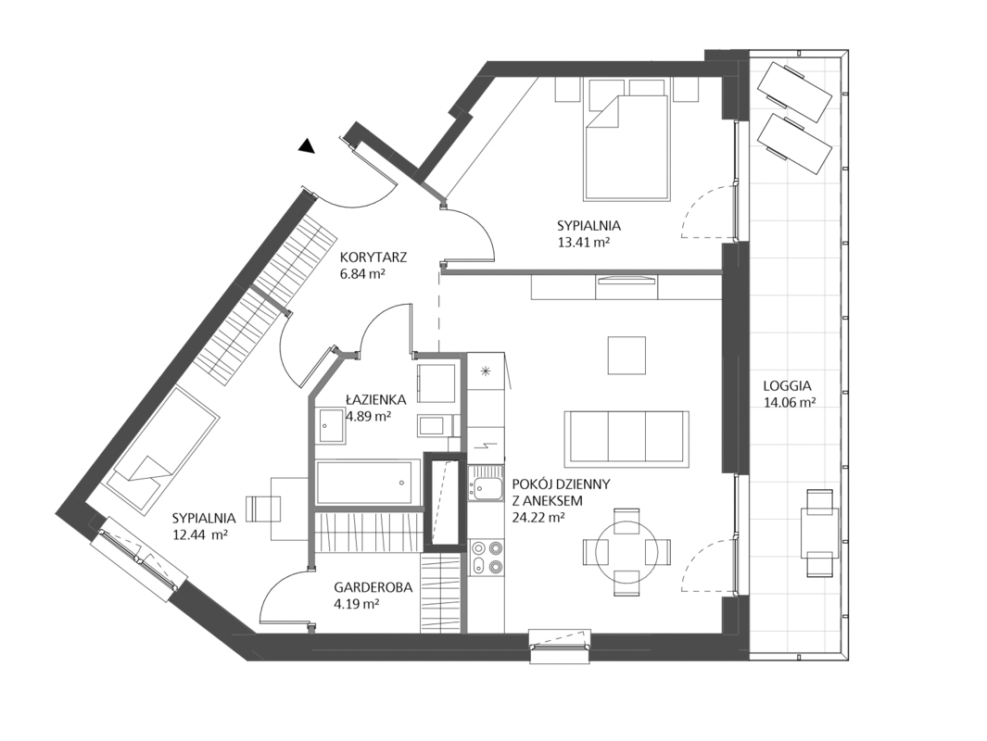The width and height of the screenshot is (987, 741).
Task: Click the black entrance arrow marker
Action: [307, 146]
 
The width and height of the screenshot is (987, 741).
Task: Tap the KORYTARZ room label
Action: [373, 257]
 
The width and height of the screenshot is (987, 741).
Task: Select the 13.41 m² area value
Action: [583, 242]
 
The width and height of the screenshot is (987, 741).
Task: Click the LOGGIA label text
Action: [787, 386]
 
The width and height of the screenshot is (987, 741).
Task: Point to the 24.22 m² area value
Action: [538, 518]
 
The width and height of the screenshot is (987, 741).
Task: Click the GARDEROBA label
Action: [373, 587]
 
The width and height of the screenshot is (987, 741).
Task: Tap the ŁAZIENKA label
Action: [375, 399]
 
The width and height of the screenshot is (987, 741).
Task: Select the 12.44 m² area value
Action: [199, 535]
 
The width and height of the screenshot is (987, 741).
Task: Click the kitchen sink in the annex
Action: [486, 485]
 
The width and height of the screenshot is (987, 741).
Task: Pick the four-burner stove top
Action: [487, 558]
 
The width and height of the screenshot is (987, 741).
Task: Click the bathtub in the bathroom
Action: [368, 483]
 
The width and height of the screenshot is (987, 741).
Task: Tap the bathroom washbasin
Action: [331, 426]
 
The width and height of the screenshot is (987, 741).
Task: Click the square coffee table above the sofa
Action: [626, 356]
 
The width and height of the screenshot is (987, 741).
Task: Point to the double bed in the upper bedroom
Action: [626, 140]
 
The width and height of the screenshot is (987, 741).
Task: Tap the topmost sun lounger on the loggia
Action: [795, 91]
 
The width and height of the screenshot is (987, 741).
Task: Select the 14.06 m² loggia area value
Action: [790, 403]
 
